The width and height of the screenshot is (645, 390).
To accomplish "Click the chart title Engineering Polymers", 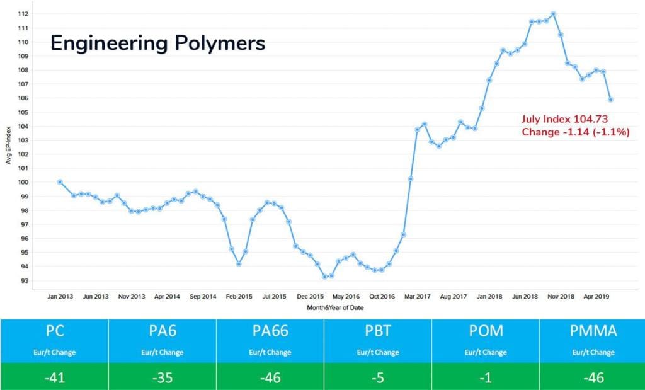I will coord(157,43).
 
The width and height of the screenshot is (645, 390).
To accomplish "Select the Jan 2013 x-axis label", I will coord(60,295).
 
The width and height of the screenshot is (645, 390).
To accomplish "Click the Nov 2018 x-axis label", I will coord(559,295).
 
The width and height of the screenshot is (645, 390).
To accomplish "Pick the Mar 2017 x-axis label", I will coord(417,295).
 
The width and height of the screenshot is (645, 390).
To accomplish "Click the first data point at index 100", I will coord(60,182).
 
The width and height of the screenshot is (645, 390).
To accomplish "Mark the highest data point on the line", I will coord(553,14).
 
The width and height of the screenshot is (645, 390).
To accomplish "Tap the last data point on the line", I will coord(611,100).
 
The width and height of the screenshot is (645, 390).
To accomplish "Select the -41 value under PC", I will coord(54,378).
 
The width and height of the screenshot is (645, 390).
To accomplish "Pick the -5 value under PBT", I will coord(377,378).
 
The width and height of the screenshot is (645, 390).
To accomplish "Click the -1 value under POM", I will coord(485,378).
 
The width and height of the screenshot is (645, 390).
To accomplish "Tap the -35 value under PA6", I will coord(162,378).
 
